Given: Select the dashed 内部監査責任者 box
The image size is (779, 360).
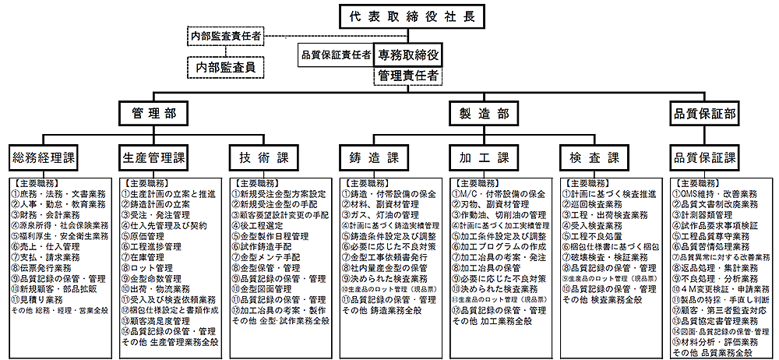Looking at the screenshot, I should point(225,36).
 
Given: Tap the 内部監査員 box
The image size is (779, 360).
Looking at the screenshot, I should point(225,67).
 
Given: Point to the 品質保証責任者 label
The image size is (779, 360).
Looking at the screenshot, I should point(336,55).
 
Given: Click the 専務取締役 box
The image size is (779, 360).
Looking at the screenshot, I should point(408,55).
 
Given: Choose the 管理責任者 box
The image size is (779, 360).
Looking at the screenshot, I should point(408,76).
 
